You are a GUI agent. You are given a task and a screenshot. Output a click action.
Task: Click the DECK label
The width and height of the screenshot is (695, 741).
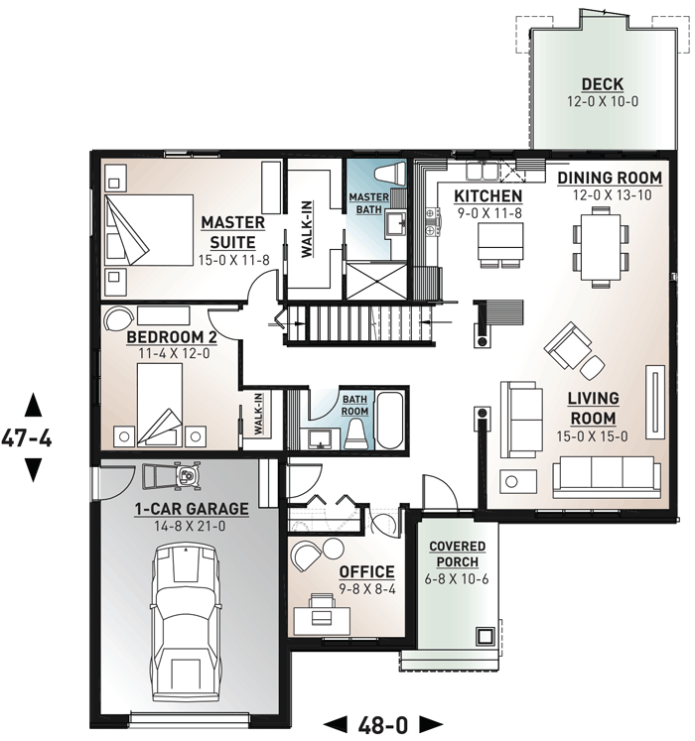click(x=603, y=84)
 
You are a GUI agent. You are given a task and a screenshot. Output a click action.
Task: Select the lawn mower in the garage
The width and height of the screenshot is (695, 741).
click(x=173, y=475)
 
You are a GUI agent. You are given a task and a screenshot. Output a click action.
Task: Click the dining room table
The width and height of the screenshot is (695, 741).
click(x=601, y=248)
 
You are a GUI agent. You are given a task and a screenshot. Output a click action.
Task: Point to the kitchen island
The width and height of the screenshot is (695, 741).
click(x=500, y=244)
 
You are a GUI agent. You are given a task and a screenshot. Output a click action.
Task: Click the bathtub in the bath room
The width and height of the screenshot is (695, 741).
click(x=390, y=420)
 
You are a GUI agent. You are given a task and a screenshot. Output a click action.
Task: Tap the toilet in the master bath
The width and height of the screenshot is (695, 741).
click(x=390, y=173)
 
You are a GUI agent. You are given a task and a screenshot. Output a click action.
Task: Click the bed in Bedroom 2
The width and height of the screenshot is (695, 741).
click(x=160, y=404)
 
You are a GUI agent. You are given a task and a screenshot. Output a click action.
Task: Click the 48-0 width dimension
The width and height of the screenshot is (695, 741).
click(x=383, y=724)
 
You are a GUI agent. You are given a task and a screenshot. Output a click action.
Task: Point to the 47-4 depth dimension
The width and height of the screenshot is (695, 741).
click(x=27, y=438)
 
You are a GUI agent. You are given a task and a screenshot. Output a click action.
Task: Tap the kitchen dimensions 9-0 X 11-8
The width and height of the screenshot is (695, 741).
click(x=489, y=213)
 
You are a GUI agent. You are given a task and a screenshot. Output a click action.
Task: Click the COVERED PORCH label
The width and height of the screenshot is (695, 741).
click(x=457, y=554)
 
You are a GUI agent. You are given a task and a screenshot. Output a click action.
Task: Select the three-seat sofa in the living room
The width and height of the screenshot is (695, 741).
click(x=607, y=477)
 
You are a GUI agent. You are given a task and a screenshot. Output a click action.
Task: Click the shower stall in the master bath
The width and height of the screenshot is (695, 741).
click(x=376, y=281)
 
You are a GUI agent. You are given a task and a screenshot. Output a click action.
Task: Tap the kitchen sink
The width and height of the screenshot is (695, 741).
click(x=482, y=171)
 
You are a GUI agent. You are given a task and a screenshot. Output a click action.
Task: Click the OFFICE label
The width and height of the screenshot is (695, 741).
click(x=367, y=571)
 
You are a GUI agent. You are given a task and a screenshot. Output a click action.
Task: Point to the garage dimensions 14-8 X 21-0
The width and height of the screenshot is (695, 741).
click(x=190, y=526)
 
